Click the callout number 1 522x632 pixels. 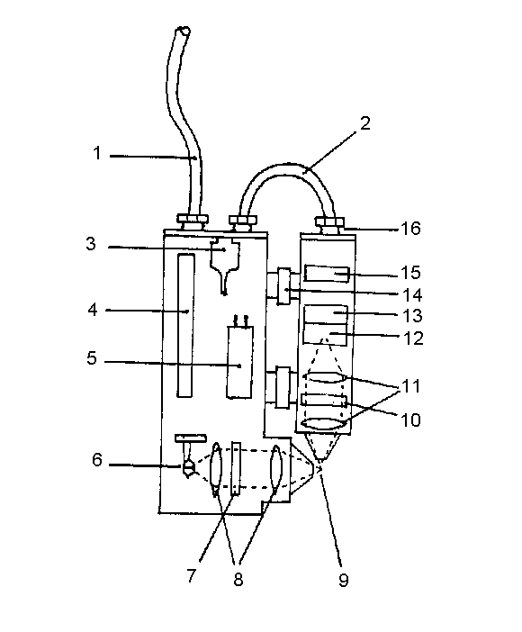96,153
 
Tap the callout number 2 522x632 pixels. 364,123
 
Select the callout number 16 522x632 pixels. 410,229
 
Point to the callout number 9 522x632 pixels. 343,580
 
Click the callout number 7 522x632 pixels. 191,575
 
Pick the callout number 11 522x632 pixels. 411,385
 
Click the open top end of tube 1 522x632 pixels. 183,31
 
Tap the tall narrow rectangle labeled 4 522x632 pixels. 185,325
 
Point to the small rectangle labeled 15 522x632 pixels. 327,274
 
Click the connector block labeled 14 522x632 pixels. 283,286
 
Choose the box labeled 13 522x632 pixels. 326,314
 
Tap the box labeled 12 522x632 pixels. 326,334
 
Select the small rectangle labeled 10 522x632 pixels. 324,401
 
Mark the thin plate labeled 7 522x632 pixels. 236,468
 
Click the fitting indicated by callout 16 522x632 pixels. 330,225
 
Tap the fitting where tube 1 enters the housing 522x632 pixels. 193,222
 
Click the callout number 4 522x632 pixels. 93,310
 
